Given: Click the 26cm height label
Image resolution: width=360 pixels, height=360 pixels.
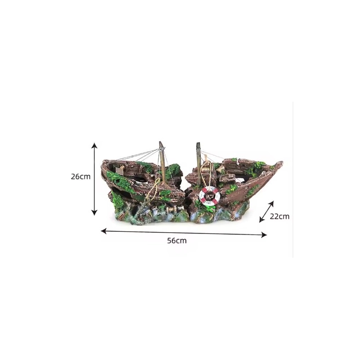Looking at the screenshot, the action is (81, 177).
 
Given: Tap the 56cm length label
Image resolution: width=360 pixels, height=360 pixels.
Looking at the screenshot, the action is (177, 241).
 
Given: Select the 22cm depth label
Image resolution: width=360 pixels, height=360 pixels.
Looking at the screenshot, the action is (279, 216).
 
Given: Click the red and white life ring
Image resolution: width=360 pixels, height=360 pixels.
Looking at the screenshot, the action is (209, 196).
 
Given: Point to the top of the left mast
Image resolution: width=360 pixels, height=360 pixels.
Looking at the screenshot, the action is (161, 142).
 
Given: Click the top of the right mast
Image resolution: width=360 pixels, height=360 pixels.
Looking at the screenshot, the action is (198, 144).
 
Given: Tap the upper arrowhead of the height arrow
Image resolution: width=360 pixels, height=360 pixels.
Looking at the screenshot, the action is (94, 145).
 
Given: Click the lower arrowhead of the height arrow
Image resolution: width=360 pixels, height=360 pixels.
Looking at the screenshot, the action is (94, 213).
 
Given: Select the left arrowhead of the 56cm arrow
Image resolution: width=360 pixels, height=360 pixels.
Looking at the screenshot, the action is (104, 231).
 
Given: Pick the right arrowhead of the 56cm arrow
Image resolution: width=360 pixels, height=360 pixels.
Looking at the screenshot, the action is (264, 234).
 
